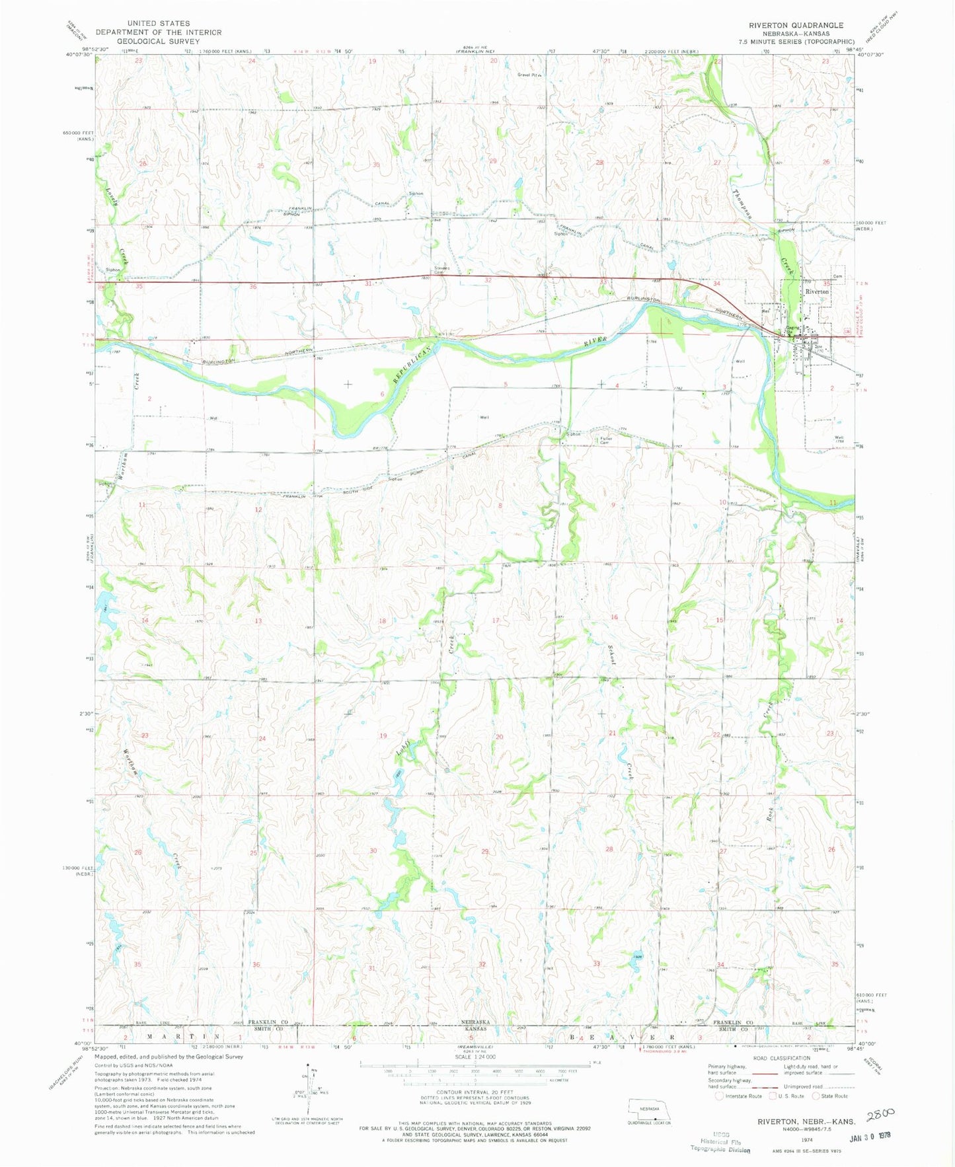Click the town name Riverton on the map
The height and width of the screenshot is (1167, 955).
pyautogui.click(x=817, y=291)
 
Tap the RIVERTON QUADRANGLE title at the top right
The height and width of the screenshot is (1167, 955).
pyautogui.click(x=796, y=25)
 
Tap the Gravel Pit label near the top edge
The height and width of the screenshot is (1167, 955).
pyautogui.click(x=529, y=75)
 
